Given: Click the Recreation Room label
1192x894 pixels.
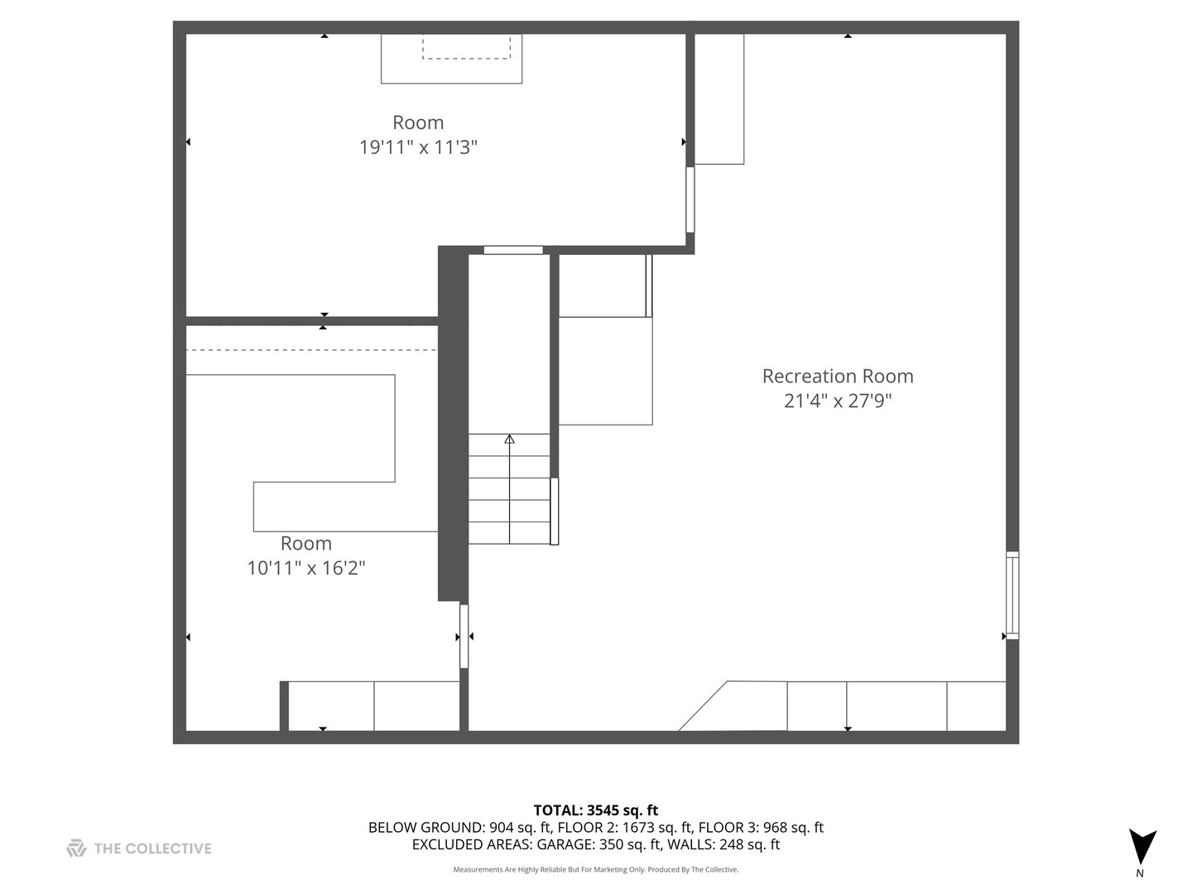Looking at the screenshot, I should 837,376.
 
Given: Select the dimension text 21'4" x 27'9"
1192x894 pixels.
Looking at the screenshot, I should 837,401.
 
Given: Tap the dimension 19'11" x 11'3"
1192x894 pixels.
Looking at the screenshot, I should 418,147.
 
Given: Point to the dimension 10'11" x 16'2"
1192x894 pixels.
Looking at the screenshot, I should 306,569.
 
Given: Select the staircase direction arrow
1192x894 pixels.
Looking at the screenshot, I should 509,440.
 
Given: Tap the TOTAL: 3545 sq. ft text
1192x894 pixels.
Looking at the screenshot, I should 595,810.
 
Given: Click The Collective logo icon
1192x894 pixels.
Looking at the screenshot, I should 76,848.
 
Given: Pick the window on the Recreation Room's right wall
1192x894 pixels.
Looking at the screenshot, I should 1012,595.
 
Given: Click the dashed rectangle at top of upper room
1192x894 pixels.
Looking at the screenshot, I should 466,46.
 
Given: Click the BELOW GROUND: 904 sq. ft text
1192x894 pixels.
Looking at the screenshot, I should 459,828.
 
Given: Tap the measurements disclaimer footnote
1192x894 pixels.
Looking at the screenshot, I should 595,870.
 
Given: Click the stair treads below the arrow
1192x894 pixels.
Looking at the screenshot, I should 509,501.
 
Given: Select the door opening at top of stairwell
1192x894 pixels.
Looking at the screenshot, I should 513,250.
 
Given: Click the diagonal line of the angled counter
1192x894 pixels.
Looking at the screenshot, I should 703,706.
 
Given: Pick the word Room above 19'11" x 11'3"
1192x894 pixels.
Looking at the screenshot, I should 418,123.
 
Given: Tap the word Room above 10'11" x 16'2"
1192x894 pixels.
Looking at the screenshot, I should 306,544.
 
